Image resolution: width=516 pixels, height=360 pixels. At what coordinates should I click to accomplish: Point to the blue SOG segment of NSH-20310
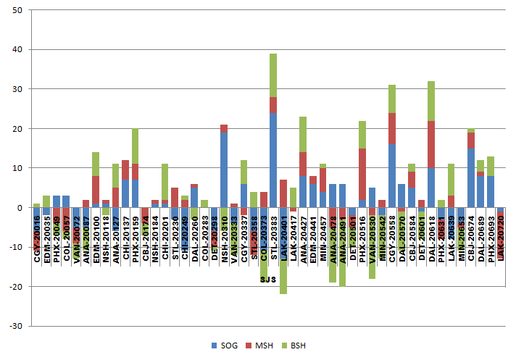tap(224, 169)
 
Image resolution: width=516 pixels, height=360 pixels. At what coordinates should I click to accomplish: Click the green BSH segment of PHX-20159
tap(135, 146)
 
